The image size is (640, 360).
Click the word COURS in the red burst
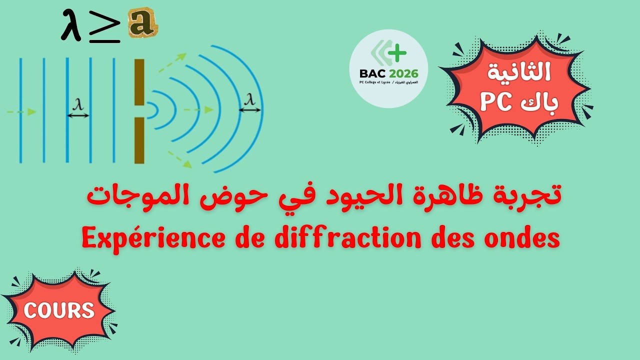59,310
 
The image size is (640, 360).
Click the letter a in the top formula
142,23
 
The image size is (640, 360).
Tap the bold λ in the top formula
71,26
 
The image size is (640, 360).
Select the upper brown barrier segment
139,81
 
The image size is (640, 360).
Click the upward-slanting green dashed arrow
172,63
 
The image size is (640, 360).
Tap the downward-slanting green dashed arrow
180,158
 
